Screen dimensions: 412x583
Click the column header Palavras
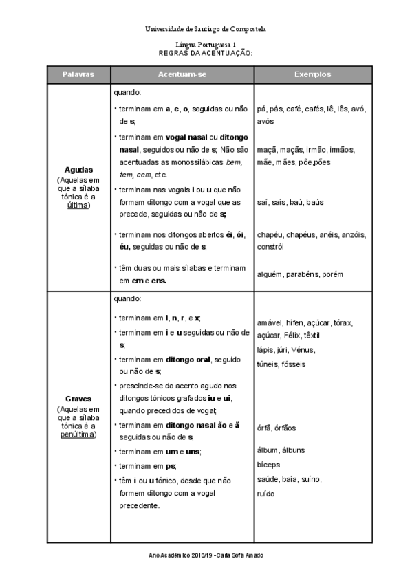[78, 74]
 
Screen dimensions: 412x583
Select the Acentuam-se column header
[182, 74]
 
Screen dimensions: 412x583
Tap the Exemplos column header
[313, 74]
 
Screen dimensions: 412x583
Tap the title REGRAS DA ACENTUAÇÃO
[206, 52]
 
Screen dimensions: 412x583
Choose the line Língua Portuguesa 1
[206, 43]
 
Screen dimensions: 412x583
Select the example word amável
[270, 323]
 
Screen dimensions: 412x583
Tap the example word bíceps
[268, 464]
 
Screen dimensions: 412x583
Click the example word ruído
[265, 493]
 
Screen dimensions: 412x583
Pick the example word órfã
[263, 428]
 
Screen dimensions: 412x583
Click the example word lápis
[265, 349]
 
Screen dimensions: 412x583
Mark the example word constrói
[270, 246]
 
